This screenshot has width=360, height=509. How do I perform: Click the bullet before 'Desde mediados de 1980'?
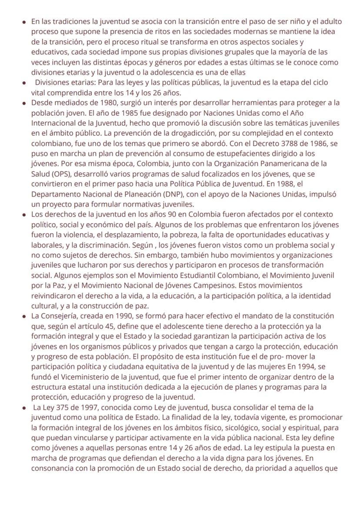25,104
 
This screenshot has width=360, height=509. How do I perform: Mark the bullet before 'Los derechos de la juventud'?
25,215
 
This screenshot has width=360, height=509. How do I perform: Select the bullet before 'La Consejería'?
25,317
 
